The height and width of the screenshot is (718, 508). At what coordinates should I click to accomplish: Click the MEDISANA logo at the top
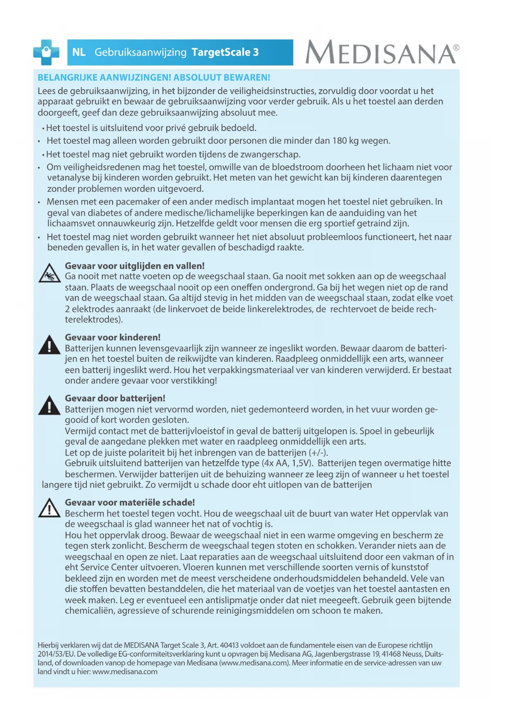[x=382, y=52]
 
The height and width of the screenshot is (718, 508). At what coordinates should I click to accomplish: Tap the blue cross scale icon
[x=46, y=52]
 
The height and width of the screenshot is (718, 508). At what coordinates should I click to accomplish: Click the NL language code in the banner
[x=79, y=52]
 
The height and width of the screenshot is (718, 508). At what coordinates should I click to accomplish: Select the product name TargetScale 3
[x=225, y=52]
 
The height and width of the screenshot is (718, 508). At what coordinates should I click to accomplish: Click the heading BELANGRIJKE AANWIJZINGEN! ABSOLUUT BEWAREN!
[x=154, y=77]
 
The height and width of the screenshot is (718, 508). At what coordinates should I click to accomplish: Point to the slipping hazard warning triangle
[x=50, y=273]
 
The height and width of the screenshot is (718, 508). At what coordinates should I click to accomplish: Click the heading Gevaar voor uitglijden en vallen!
[x=135, y=266]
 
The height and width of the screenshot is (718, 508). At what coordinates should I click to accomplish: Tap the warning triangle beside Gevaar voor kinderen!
[x=50, y=345]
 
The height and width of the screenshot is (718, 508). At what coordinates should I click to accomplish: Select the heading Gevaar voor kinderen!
[x=113, y=337]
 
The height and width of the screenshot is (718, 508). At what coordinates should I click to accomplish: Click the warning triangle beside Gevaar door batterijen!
[x=50, y=406]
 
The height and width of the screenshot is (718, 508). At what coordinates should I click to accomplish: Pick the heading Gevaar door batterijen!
[x=115, y=398]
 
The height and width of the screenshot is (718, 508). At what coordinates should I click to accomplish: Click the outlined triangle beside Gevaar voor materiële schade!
[x=50, y=508]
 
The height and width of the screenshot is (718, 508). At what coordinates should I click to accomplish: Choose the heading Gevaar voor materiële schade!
[x=130, y=502]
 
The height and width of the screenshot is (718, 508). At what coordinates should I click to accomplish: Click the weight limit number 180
[x=339, y=141]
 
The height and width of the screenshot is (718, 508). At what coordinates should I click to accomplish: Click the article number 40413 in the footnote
[x=229, y=646]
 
